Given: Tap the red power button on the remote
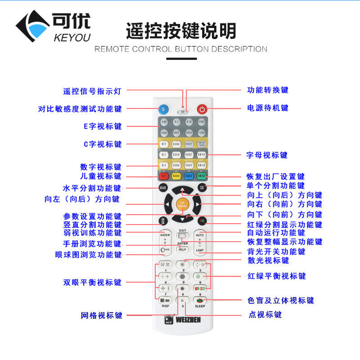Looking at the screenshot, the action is [202, 109].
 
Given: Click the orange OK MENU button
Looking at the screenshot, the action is [182, 205].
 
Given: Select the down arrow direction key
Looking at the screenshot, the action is [182, 219].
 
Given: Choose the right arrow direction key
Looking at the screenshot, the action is [197, 205].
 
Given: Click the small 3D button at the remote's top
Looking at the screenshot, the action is [182, 112].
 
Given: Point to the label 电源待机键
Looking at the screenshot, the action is [268, 108].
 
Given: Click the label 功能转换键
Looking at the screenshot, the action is [268, 90].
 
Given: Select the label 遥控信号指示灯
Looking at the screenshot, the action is [92, 91].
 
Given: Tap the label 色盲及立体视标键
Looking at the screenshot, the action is [281, 300].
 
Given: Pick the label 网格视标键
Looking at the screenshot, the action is [102, 315].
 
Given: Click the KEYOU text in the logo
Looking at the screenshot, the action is [72, 37].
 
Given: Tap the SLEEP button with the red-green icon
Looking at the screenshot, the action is [200, 300].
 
